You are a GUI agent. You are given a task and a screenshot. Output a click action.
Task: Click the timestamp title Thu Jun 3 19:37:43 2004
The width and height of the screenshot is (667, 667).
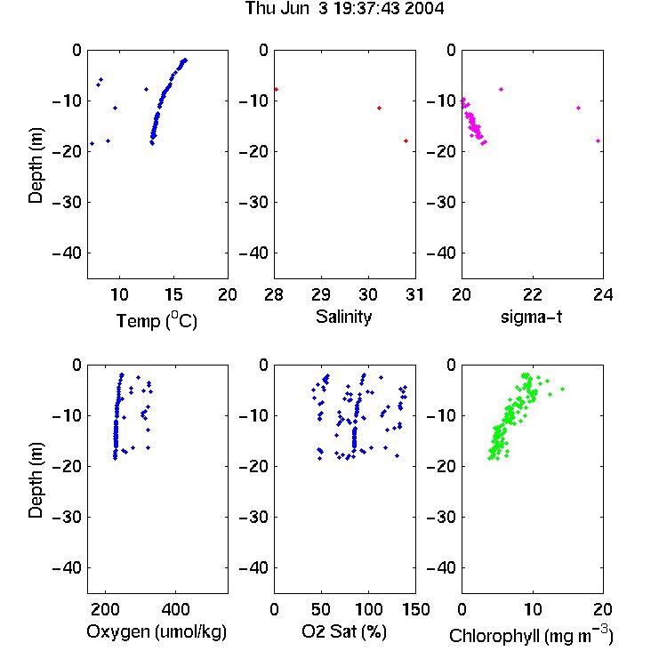click(344, 8)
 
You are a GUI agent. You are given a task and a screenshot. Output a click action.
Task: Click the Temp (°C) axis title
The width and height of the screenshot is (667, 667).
click(157, 320)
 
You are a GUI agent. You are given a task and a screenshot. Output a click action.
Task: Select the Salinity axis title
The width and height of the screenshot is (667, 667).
click(343, 317)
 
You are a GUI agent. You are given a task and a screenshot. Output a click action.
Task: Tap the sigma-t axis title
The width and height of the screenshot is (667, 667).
click(531, 317)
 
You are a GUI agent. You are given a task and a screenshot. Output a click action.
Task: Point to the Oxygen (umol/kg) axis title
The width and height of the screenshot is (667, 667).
click(157, 631)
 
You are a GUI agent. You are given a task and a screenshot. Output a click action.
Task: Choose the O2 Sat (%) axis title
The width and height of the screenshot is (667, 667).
click(344, 631)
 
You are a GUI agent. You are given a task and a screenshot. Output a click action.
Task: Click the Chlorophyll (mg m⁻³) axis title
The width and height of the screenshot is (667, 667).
click(531, 635)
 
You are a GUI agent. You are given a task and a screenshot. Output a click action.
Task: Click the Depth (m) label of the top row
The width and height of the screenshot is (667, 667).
click(36, 165)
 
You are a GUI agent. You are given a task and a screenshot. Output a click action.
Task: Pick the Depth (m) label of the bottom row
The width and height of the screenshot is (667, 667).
click(36, 480)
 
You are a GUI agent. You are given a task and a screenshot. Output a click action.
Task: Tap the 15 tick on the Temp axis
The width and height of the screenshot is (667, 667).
click(173, 294)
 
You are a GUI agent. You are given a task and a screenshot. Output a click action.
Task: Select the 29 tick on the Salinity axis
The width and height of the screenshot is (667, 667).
click(321, 294)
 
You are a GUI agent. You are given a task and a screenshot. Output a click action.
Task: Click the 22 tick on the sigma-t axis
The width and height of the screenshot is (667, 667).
click(533, 294)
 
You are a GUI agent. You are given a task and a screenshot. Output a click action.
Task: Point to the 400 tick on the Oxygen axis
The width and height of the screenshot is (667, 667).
click(175, 609)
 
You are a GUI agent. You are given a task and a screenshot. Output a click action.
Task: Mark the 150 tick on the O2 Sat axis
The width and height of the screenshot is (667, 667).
click(415, 609)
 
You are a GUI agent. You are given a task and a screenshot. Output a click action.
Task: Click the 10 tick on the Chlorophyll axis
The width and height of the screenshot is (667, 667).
click(533, 609)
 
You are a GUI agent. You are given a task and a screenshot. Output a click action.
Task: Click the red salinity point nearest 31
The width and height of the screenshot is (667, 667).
click(406, 141)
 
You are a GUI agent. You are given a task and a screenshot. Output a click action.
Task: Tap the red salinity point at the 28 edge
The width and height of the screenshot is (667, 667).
click(276, 89)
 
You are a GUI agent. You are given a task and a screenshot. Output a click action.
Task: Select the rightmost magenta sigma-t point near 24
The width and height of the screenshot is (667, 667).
click(599, 141)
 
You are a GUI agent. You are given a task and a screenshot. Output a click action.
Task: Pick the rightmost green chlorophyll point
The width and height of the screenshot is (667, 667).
click(562, 389)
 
